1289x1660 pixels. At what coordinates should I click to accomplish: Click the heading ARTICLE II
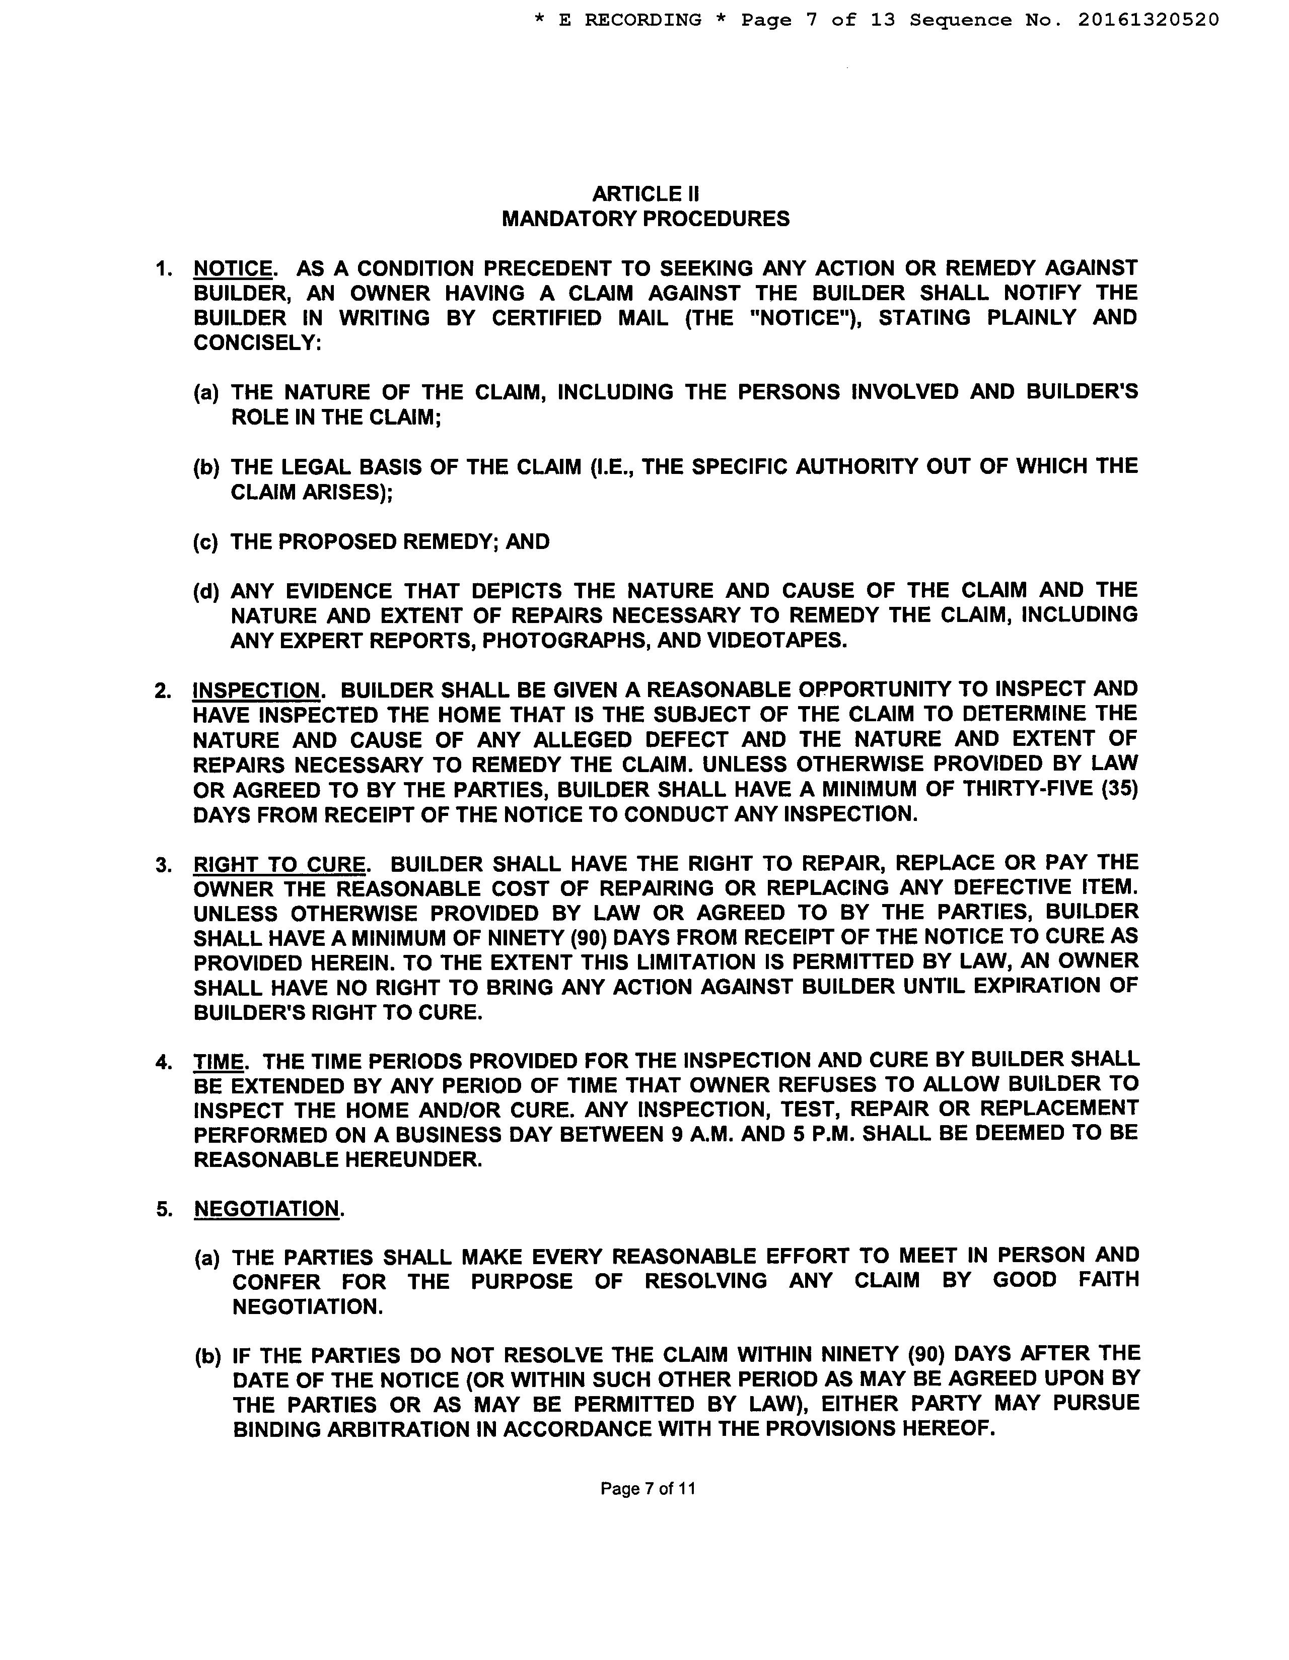646,194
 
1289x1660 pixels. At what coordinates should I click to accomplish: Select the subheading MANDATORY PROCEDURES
646,219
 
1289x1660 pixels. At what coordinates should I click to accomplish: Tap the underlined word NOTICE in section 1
233,268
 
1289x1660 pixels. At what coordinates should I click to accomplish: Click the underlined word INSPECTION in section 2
257,690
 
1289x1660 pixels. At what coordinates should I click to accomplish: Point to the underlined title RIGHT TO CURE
279,865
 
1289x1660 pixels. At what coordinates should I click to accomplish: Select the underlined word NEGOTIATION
266,1209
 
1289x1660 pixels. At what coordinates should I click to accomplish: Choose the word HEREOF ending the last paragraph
946,1430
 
